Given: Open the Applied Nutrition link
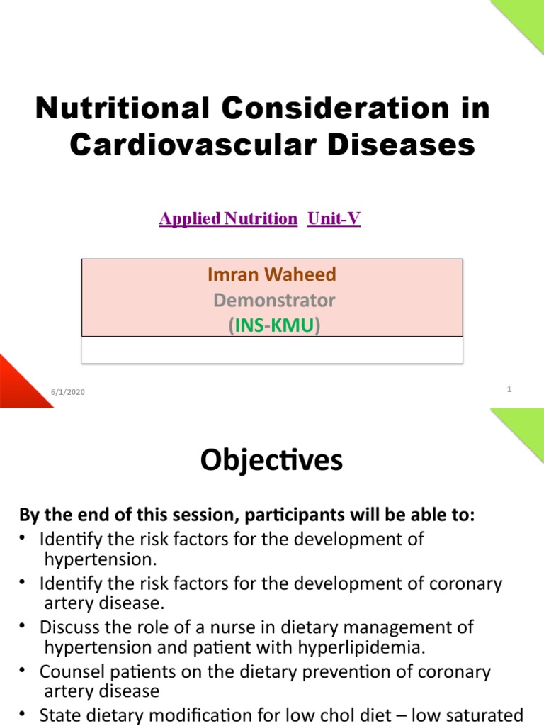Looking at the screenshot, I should pyautogui.click(x=228, y=219).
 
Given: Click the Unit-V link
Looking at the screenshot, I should pyautogui.click(x=334, y=219).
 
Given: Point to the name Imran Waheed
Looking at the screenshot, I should pyautogui.click(x=271, y=274).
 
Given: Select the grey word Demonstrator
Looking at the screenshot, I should pyautogui.click(x=274, y=300).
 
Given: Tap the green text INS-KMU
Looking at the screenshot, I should pyautogui.click(x=273, y=326).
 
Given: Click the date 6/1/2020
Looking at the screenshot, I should pyautogui.click(x=67, y=392).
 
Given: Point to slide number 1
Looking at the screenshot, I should pyautogui.click(x=509, y=389).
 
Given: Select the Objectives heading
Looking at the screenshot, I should pyautogui.click(x=271, y=460).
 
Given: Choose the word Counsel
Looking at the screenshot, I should pyautogui.click(x=69, y=671).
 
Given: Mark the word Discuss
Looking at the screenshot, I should pyautogui.click(x=68, y=627).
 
